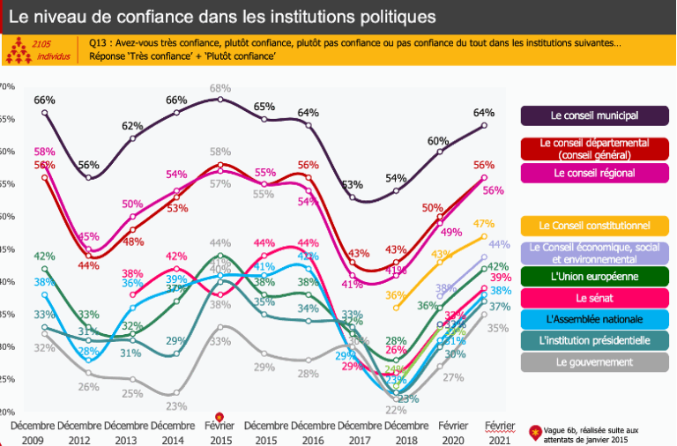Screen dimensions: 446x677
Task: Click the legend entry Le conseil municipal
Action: pos(594,115)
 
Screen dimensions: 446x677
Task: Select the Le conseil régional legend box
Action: pos(594,173)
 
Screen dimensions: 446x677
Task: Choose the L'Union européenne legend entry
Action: pos(594,277)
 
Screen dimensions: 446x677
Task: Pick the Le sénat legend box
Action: pos(594,298)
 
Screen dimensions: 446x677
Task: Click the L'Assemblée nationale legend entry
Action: pos(594,319)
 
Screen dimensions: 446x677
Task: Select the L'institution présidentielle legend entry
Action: pos(594,340)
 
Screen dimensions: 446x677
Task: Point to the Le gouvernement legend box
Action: pos(594,361)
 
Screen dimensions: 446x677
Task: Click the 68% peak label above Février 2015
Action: pos(220,88)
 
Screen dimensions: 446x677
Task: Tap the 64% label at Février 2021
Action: pos(483,113)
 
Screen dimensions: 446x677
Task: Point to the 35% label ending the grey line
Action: pos(497,328)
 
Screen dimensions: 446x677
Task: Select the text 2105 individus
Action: pos(39,50)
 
